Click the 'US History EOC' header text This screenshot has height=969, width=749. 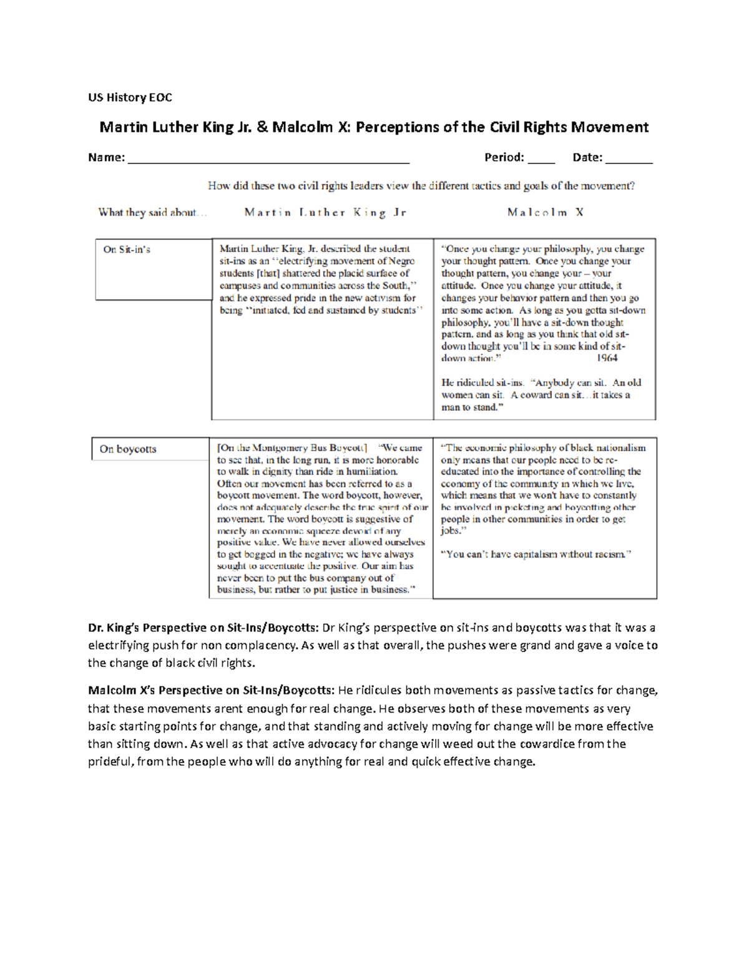(x=130, y=97)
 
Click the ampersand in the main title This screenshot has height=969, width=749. (x=262, y=127)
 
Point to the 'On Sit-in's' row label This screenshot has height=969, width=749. (x=127, y=250)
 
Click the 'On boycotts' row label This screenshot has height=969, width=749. (x=128, y=449)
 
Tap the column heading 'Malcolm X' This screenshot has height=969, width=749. (x=546, y=213)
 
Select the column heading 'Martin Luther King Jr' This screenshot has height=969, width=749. (x=325, y=213)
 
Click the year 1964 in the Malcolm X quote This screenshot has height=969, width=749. (x=607, y=358)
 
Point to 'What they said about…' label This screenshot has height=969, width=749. (x=152, y=213)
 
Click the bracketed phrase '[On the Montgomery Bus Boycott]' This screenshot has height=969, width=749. (x=292, y=448)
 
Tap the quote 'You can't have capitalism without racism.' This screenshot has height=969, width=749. (x=536, y=554)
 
